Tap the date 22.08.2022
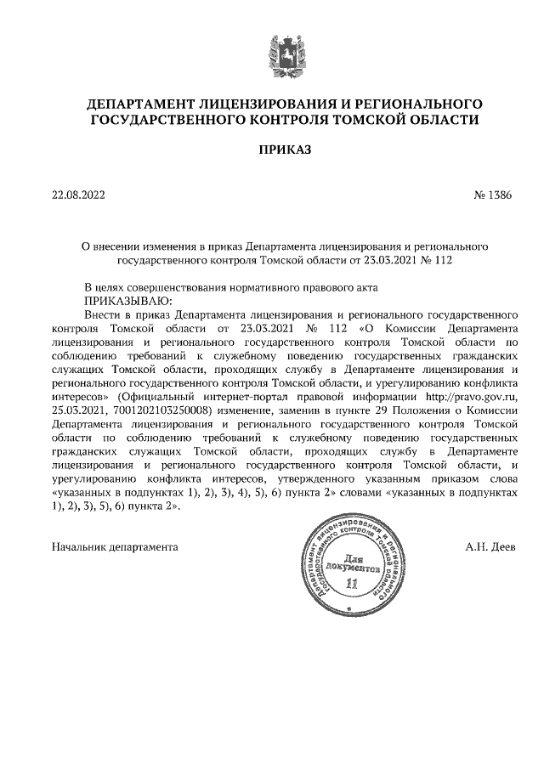click(78, 195)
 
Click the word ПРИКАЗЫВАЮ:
click(127, 302)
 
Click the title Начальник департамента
click(116, 546)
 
